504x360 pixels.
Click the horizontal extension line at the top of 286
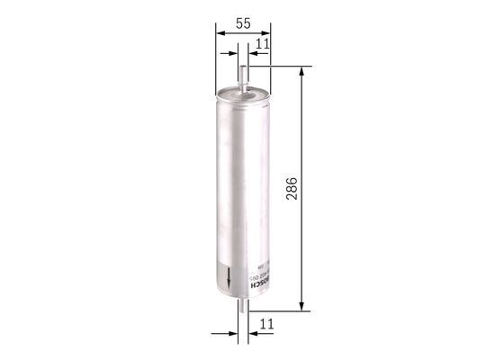coord(279,66)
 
